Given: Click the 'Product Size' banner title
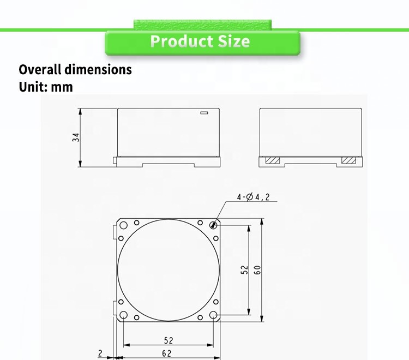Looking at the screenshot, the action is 200,41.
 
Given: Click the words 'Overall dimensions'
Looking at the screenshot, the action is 75,69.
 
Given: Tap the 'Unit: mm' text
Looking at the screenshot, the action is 46,87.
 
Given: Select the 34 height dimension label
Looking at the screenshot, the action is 76,137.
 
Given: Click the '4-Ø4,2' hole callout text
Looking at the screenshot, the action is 253,197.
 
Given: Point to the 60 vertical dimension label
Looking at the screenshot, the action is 257,270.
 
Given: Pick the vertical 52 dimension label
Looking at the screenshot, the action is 244,270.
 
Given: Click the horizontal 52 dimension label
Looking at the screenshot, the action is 169,340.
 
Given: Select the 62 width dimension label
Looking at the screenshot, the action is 167,353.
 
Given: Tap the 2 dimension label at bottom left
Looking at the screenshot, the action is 100,353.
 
